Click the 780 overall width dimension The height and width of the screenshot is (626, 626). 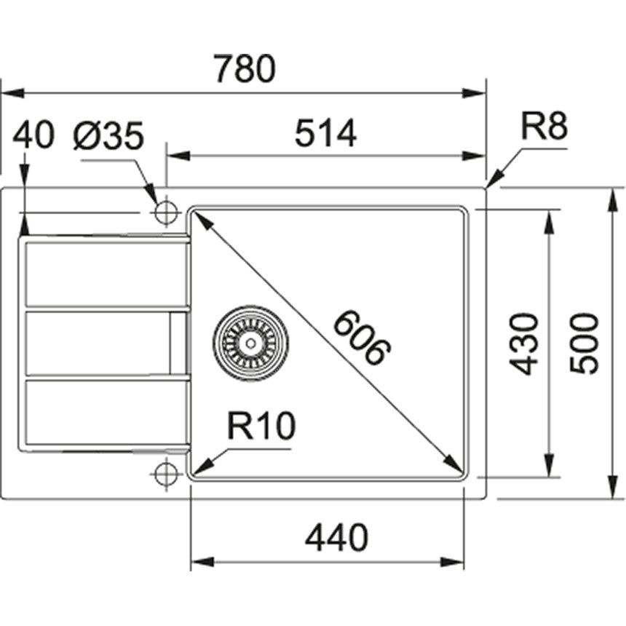coord(245,70)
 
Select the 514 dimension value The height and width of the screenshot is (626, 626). coord(325,134)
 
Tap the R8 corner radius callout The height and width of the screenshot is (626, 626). coord(543,128)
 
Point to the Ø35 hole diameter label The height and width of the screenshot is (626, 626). coord(109,136)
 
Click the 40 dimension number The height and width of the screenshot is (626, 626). coord(34,136)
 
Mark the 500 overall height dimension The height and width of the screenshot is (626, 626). coord(584,344)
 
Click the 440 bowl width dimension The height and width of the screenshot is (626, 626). coord(336,539)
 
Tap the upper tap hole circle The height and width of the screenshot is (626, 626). coord(167,213)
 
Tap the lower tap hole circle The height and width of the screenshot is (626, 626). coord(167,474)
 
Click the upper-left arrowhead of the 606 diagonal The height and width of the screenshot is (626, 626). coord(197,216)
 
